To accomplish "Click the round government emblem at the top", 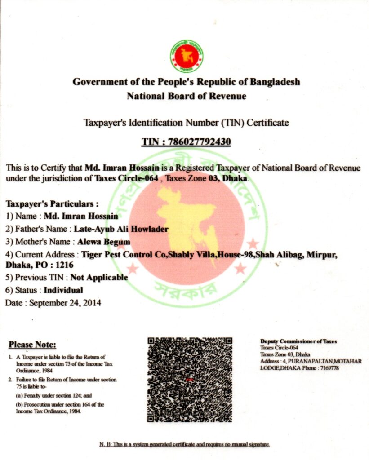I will click(186, 57).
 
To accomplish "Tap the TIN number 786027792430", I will click(199, 142).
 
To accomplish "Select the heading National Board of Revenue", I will click(186, 96).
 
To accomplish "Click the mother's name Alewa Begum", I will click(104, 242).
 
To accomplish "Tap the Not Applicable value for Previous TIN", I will click(99, 278).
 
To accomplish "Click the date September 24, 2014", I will click(65, 303).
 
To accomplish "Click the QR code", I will click(190, 380).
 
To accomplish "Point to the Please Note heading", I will click(32, 345).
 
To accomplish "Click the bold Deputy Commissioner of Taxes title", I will click(298, 341).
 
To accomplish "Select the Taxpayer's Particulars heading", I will click(52, 203).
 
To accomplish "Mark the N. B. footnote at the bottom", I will click(184, 444).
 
